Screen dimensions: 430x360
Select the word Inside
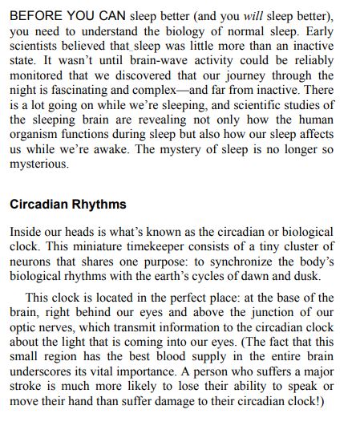click(x=26, y=231)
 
